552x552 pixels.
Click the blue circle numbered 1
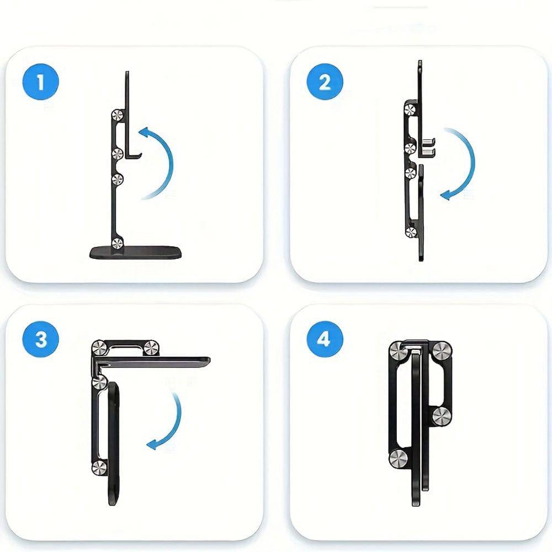(x=40, y=82)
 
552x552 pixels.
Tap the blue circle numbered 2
(x=325, y=82)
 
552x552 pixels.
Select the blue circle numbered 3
(x=40, y=339)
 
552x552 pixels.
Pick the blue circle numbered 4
(x=325, y=339)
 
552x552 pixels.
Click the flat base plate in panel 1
(x=136, y=252)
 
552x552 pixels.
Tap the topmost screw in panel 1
(x=117, y=115)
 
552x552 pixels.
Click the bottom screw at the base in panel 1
(x=117, y=243)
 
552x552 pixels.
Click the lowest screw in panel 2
(x=411, y=232)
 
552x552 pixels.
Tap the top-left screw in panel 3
(x=99, y=348)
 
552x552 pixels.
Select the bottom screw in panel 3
(x=99, y=468)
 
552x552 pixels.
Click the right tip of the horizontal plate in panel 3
(x=209, y=360)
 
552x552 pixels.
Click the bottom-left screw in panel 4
(x=399, y=458)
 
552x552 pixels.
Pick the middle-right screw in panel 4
(x=442, y=416)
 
